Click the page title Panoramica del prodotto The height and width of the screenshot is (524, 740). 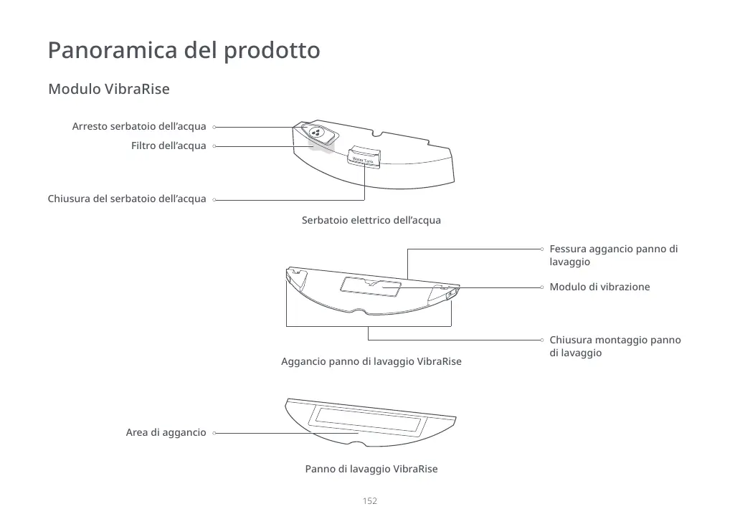[184, 51]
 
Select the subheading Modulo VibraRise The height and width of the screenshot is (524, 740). [108, 90]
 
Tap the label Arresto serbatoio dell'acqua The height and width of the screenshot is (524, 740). [139, 127]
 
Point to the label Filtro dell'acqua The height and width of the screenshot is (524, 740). [169, 146]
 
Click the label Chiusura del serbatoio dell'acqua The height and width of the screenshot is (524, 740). [127, 199]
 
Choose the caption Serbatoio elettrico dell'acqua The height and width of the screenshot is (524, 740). [371, 220]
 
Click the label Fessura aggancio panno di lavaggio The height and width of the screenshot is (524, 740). [613, 255]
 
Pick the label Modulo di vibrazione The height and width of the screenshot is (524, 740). [599, 287]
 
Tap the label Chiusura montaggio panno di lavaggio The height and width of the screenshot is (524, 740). [615, 346]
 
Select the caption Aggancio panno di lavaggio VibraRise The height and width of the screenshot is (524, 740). [371, 361]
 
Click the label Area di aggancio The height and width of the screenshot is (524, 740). [166, 433]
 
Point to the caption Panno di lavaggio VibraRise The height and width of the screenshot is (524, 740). [371, 469]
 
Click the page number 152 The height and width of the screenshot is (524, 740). [369, 501]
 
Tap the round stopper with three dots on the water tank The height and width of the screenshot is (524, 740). [317, 133]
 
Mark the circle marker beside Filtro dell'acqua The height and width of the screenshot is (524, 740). [214, 146]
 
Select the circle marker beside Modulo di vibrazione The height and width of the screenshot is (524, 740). [543, 287]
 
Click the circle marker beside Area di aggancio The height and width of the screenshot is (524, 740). [214, 433]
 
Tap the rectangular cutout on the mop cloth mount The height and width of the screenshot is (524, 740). [371, 285]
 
